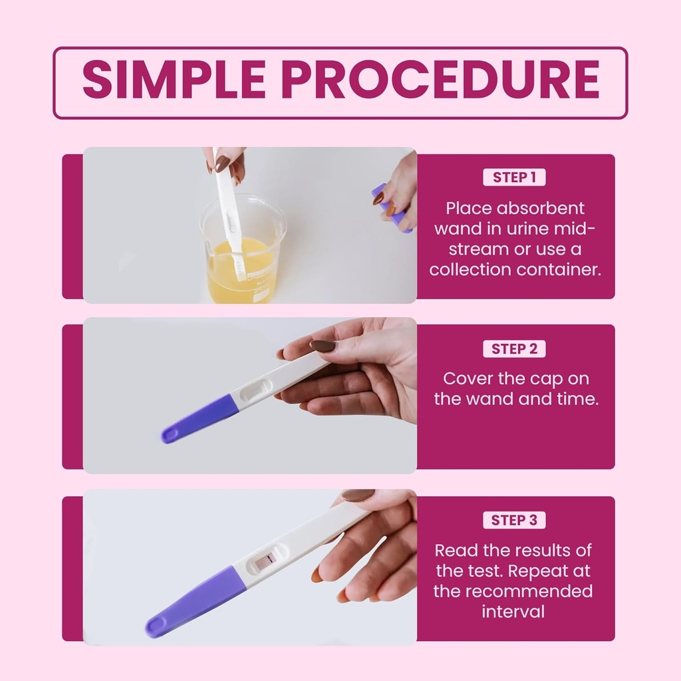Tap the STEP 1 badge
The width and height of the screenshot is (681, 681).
pyautogui.click(x=514, y=178)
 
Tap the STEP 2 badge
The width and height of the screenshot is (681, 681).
pyautogui.click(x=514, y=348)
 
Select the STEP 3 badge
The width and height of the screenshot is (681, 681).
pyautogui.click(x=514, y=520)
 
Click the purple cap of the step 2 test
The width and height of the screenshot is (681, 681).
pyautogui.click(x=200, y=418)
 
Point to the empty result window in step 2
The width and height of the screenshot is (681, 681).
pyautogui.click(x=255, y=390)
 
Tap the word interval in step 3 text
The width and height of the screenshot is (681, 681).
pyautogui.click(x=513, y=611)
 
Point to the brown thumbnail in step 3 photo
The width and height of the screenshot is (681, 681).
pyautogui.click(x=358, y=495)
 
